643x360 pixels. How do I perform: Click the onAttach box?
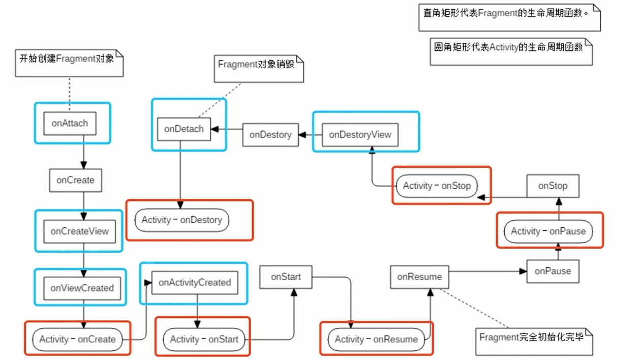70,123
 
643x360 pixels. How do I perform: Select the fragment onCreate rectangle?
75,180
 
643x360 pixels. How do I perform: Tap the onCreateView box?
79,231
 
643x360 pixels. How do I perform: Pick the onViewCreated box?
82,288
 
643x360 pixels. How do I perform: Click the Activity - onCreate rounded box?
77,339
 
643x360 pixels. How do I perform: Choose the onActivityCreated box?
195,283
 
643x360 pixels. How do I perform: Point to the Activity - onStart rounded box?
204,339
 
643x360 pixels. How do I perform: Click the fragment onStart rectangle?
286,277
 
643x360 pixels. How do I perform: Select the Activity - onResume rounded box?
376,339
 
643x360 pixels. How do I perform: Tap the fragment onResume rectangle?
419,277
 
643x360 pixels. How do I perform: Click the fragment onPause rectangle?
553,271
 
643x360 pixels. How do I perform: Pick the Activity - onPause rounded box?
548,231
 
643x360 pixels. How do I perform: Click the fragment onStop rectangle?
553,186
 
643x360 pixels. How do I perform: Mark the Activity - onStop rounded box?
437,186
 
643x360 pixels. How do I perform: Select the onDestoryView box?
360,135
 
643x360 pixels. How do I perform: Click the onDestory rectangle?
270,135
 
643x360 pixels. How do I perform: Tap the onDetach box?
183,129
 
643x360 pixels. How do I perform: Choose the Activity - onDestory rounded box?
181,220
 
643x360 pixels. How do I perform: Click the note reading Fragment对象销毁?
258,69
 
